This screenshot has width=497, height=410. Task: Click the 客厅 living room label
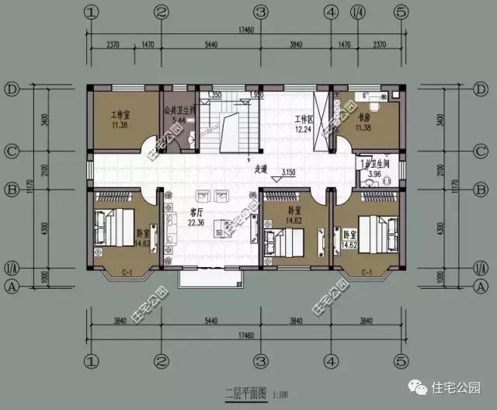[196, 212]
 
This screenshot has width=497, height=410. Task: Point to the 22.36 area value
[196, 223]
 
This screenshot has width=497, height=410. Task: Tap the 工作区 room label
[303, 120]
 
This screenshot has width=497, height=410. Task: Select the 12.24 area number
[303, 130]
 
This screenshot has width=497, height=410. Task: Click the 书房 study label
[364, 118]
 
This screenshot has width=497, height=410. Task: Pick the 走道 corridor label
[261, 168]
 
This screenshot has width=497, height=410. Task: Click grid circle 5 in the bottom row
[401, 361]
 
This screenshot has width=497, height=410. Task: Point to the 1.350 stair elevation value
[215, 95]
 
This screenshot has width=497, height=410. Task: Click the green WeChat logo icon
[420, 385]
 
